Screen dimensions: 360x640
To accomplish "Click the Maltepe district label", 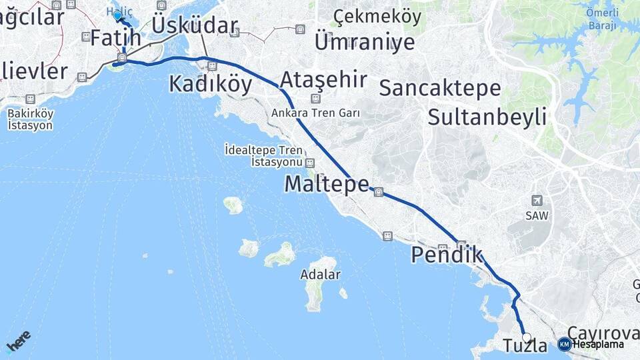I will [x=326, y=184].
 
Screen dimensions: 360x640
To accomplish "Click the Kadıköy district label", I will [x=210, y=84].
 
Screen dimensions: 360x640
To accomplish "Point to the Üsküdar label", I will [x=194, y=25].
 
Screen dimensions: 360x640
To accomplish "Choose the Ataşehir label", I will [x=323, y=80].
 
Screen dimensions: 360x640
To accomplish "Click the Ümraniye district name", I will [x=364, y=42].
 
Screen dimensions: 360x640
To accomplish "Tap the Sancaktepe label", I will [x=440, y=87].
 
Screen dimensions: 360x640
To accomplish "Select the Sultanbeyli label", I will [x=487, y=117].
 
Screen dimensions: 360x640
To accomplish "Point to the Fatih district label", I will [x=115, y=38].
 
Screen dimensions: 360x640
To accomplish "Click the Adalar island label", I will [x=320, y=275].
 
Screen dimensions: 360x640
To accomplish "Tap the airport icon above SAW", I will [x=537, y=201].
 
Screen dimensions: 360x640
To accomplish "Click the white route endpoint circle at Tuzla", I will [x=527, y=337].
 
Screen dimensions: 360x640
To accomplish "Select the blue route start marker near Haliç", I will [x=117, y=15].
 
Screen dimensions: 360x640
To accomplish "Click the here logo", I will [x=18, y=341].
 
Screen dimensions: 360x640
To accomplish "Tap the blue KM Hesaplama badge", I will [x=565, y=344].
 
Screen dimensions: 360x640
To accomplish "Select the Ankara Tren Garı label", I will [x=315, y=113].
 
